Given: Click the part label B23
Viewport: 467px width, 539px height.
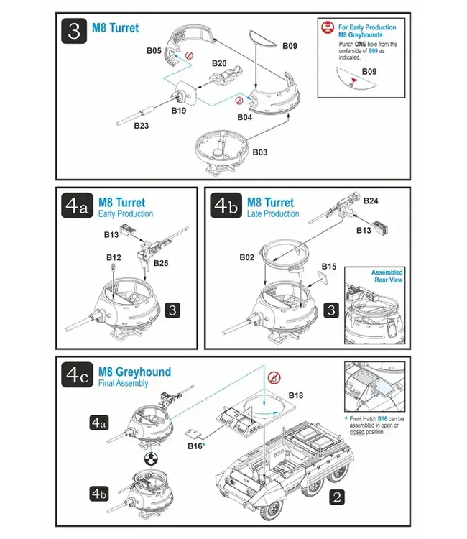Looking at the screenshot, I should [x=142, y=126].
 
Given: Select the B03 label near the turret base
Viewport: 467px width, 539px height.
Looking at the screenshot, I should [x=259, y=152].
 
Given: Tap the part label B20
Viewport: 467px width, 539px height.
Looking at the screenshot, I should [x=219, y=63].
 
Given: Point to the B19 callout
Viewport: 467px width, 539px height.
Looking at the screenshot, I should [x=179, y=111].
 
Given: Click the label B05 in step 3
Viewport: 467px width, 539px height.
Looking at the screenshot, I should [x=154, y=51].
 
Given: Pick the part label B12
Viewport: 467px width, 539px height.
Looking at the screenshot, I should [x=114, y=257].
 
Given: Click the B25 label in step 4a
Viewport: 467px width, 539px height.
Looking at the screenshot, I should [x=162, y=264].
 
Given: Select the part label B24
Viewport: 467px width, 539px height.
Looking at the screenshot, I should [x=371, y=201].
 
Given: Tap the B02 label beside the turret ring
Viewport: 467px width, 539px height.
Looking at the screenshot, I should [x=246, y=257].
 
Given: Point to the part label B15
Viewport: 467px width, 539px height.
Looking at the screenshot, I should [x=328, y=267].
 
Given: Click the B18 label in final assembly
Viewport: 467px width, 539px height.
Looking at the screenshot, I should [x=296, y=395].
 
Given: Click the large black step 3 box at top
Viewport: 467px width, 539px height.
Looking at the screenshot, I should [x=74, y=32].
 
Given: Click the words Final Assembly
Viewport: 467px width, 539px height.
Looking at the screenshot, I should [x=123, y=384].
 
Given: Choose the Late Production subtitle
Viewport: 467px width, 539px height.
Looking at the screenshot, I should [x=273, y=214].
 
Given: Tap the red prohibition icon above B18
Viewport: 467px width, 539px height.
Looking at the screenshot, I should [x=273, y=377].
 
